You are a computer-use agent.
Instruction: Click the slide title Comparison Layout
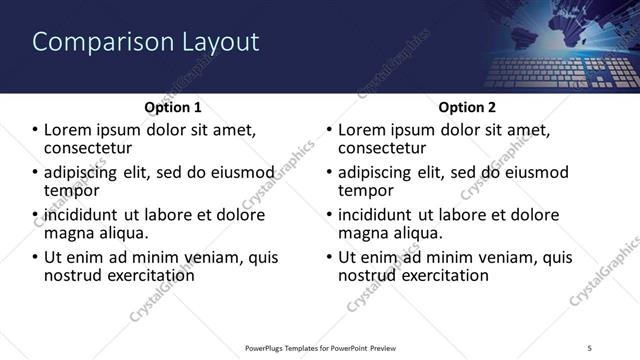tap(146, 42)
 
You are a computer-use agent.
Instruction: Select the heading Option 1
tap(173, 107)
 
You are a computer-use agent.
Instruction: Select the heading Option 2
tap(466, 107)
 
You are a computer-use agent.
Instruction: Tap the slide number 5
tap(589, 347)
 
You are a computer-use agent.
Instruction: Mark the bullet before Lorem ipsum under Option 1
tap(35, 131)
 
